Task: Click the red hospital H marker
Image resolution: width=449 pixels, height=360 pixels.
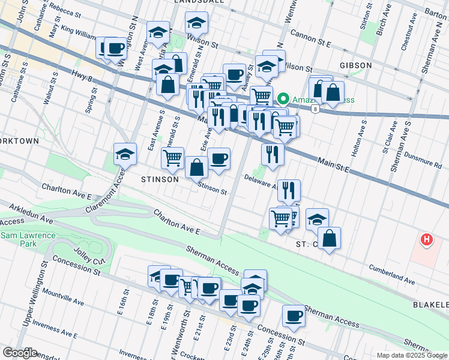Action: click(x=426, y=240)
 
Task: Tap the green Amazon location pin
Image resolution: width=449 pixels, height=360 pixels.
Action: click(x=282, y=99)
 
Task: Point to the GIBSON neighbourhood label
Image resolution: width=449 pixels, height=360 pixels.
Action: click(x=355, y=65)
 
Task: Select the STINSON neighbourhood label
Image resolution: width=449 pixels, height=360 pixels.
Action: click(x=159, y=179)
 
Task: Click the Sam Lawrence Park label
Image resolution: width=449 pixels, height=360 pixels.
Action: click(x=28, y=240)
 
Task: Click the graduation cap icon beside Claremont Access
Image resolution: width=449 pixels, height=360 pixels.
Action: click(x=125, y=154)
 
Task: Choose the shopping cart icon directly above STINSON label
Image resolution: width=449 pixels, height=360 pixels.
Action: click(x=173, y=157)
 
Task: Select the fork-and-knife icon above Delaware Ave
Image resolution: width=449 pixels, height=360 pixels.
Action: click(x=273, y=154)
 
